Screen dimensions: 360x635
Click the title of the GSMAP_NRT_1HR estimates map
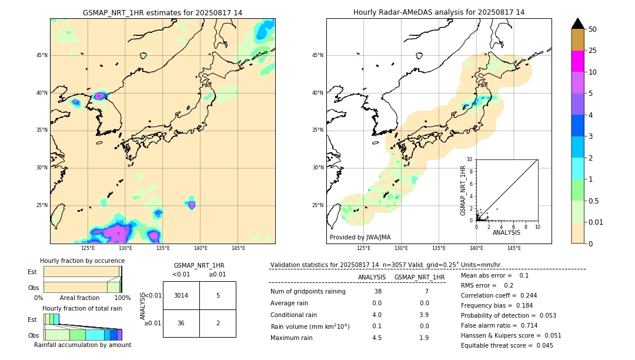click(x=162, y=12)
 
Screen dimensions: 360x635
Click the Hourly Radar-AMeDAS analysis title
click(x=439, y=12)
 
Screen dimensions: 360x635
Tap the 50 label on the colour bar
click(x=593, y=29)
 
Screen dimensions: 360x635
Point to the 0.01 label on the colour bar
click(x=596, y=222)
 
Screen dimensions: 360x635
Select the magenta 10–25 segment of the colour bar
click(x=578, y=61)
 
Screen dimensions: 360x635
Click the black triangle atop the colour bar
click(x=578, y=24)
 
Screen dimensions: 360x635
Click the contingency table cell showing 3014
click(x=181, y=295)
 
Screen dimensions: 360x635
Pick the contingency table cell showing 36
click(x=181, y=323)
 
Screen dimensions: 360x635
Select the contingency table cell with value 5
click(x=218, y=295)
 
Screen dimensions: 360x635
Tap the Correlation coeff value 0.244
click(x=524, y=295)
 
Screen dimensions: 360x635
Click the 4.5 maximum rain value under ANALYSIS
click(x=377, y=338)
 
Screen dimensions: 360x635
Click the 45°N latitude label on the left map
click(x=42, y=55)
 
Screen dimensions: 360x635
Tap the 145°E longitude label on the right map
click(x=514, y=248)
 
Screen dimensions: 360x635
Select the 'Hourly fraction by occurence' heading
click(x=82, y=261)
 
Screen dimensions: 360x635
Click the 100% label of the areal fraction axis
click(x=122, y=298)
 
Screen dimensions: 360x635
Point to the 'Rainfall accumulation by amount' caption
click(x=82, y=345)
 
